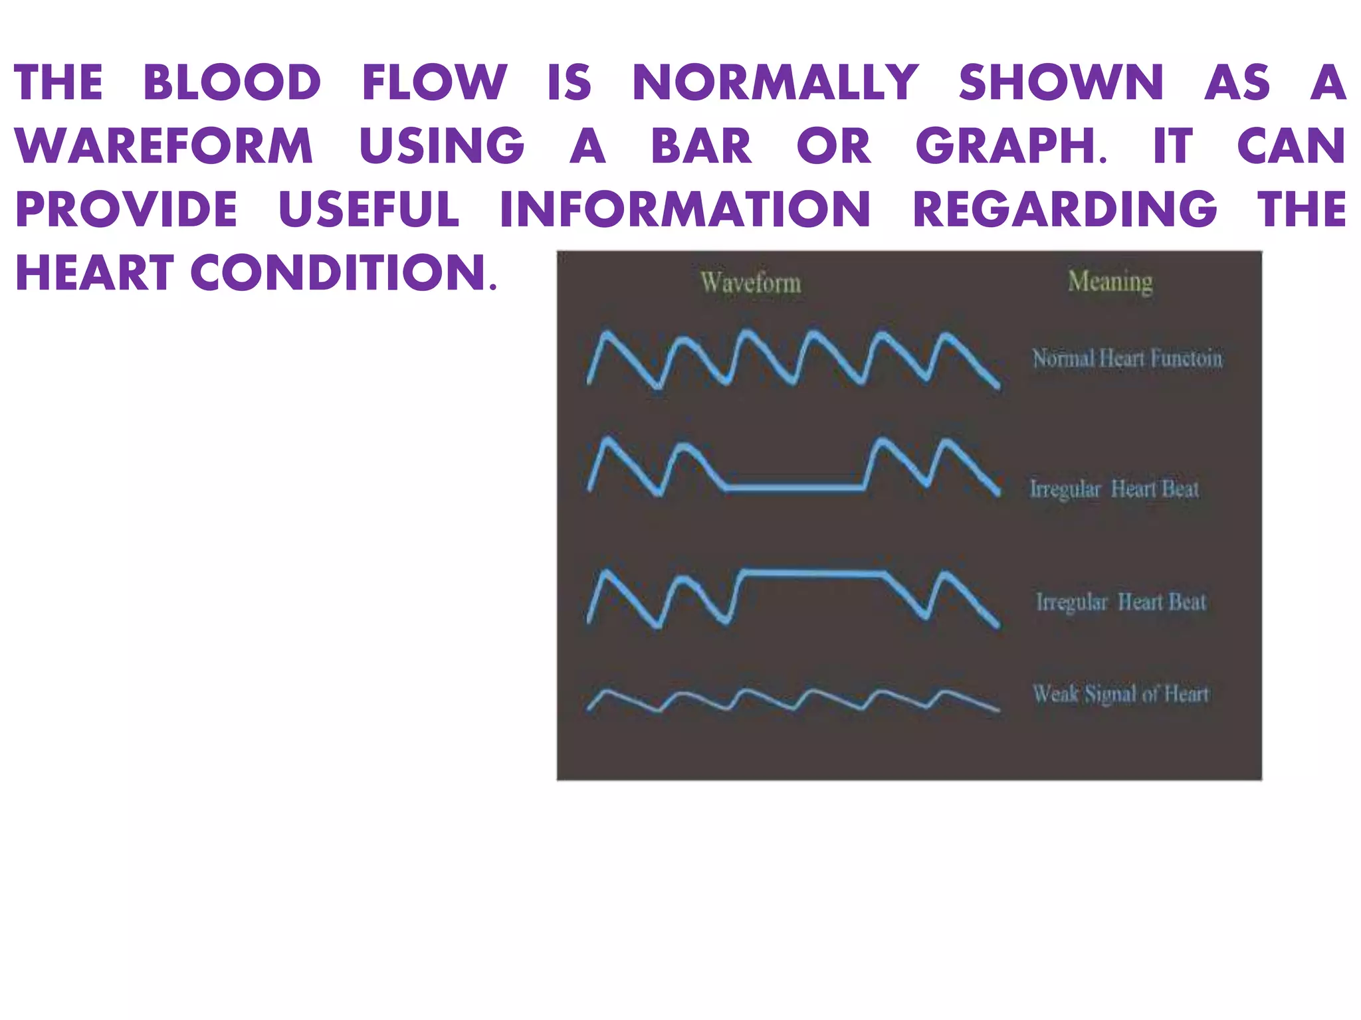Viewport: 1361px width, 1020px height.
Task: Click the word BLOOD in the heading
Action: [x=232, y=83]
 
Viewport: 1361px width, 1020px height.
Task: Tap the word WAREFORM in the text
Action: [x=163, y=147]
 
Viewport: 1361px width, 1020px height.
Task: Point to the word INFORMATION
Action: [x=684, y=210]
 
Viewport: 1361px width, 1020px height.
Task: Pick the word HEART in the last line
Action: [x=94, y=273]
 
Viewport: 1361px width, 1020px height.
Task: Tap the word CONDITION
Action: [x=343, y=273]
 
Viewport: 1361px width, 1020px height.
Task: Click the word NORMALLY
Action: [x=775, y=83]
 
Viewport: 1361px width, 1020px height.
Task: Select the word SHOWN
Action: [x=1061, y=83]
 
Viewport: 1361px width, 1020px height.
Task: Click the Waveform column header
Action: [x=751, y=283]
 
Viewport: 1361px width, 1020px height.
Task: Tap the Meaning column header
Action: [x=1110, y=282]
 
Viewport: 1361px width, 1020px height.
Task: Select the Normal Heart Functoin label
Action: [x=1127, y=359]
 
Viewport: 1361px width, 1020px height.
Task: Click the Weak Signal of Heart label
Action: [x=1121, y=694]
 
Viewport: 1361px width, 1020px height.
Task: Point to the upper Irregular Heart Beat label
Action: [x=1114, y=489]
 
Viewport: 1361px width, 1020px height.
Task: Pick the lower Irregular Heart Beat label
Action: [x=1121, y=602]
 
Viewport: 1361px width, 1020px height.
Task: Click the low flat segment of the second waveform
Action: [x=794, y=489]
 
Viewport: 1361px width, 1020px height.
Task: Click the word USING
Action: [x=442, y=147]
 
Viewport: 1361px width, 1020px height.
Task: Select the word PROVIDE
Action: [x=126, y=210]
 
